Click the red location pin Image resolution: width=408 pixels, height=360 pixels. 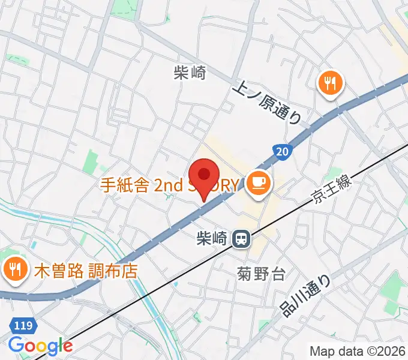click(205, 176)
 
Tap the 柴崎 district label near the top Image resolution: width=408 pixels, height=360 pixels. click(190, 73)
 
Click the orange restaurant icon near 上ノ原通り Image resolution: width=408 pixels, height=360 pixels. click(329, 83)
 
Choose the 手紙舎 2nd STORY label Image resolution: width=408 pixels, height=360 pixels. click(169, 185)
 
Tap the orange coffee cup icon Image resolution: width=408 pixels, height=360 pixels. click(259, 182)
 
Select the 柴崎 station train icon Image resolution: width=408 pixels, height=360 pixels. click(241, 239)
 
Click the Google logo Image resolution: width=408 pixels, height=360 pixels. click(40, 346)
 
